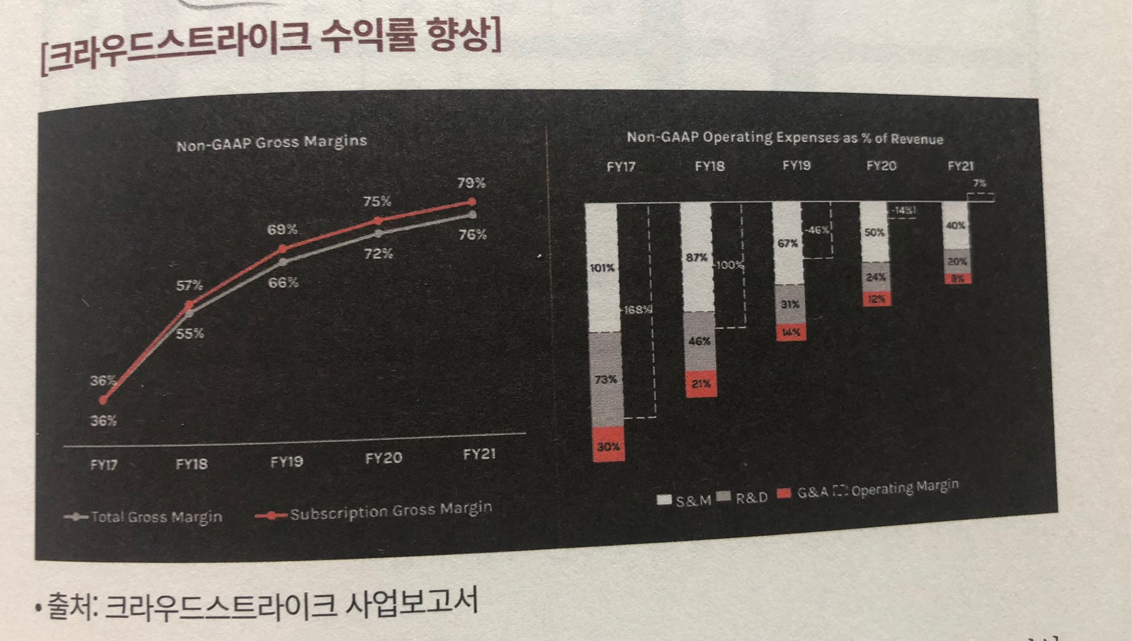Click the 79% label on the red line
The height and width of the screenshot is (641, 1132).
tap(471, 182)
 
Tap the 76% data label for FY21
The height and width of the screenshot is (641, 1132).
tap(472, 235)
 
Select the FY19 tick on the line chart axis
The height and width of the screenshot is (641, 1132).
tap(286, 462)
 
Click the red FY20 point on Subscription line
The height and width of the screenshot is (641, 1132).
tap(378, 221)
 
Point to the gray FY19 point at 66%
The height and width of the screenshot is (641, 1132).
tap(283, 262)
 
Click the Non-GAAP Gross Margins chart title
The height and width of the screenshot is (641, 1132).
tap(272, 143)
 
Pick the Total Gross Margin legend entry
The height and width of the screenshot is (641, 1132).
tap(145, 517)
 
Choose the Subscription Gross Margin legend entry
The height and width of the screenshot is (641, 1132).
tap(375, 511)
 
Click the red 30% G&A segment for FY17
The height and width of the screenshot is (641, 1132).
tap(609, 445)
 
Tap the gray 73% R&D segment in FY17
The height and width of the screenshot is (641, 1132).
tap(606, 379)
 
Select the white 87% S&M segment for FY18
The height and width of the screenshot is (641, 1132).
tap(696, 257)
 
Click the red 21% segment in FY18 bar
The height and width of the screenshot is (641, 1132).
tap(701, 384)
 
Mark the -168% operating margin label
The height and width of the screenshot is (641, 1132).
tap(637, 310)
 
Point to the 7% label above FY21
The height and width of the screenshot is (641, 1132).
tap(980, 183)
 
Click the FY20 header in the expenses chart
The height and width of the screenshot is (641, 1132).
tap(881, 166)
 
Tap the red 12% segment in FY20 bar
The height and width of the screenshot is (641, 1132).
tap(876, 299)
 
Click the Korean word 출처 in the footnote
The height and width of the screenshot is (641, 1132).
tap(70, 606)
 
